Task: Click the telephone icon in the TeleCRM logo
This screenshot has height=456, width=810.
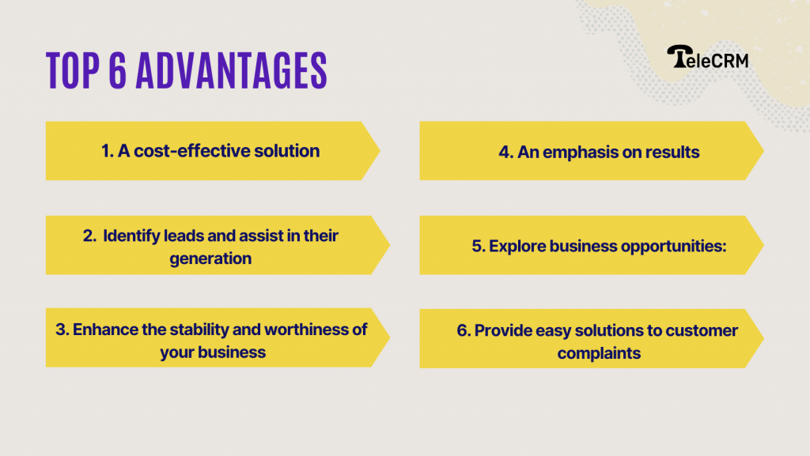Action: click(x=678, y=56)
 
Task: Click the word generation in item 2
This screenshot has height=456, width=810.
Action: click(x=210, y=258)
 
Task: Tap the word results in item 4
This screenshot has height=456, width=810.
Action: click(x=669, y=152)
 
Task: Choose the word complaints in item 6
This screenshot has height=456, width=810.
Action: click(x=599, y=352)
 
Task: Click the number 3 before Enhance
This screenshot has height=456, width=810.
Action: click(x=60, y=329)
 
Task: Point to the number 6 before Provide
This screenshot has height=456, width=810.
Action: click(x=462, y=330)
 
